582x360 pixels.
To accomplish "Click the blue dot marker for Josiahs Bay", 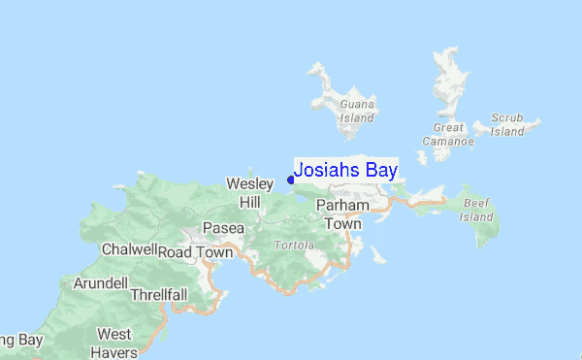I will (x=291, y=179).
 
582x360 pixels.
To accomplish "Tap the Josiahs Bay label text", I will (x=345, y=170).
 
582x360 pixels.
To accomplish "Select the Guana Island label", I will (x=356, y=111).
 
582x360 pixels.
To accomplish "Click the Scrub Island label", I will (x=507, y=124).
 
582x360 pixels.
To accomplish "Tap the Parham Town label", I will (x=342, y=214).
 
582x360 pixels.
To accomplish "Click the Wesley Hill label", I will (x=247, y=192).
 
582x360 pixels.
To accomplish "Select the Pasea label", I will (x=222, y=228).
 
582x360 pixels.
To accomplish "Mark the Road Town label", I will (x=196, y=252).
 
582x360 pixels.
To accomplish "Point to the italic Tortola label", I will (x=294, y=245).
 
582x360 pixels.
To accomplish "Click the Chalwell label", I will (x=129, y=249).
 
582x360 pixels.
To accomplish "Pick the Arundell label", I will (x=100, y=283).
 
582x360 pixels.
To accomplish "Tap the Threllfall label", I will (x=158, y=294).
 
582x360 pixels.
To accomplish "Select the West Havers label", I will (x=114, y=343).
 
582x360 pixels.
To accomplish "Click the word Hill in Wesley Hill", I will (x=250, y=202).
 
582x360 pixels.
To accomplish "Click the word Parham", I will (x=342, y=206).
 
